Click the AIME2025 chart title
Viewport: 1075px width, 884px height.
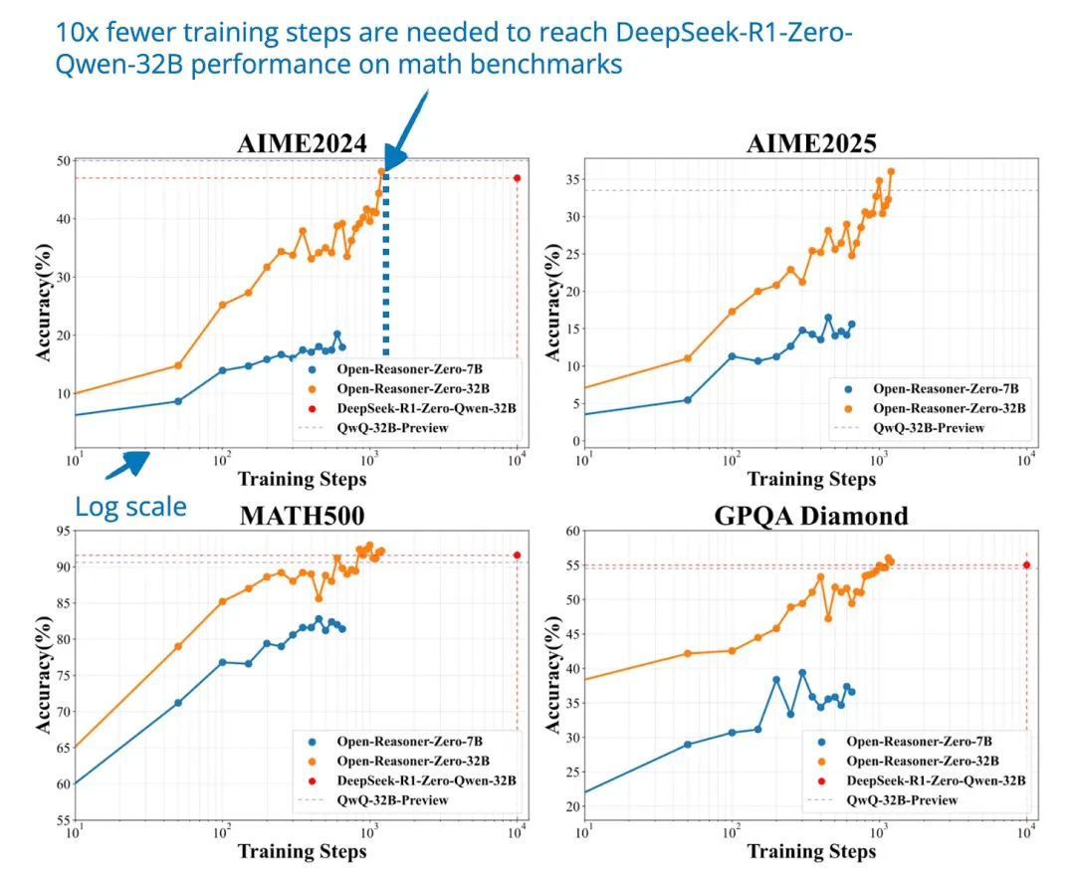[811, 143]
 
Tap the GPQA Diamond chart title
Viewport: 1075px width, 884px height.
[810, 515]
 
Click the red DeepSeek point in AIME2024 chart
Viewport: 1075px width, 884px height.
[517, 178]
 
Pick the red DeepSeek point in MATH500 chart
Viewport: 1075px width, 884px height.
[517, 554]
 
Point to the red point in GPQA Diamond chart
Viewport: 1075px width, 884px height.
[1026, 564]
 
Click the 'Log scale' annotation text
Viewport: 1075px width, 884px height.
[130, 507]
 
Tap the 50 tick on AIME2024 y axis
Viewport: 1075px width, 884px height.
[63, 161]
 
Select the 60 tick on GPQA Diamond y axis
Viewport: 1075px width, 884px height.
[571, 531]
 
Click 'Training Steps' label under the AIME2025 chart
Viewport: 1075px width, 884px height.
[811, 479]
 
